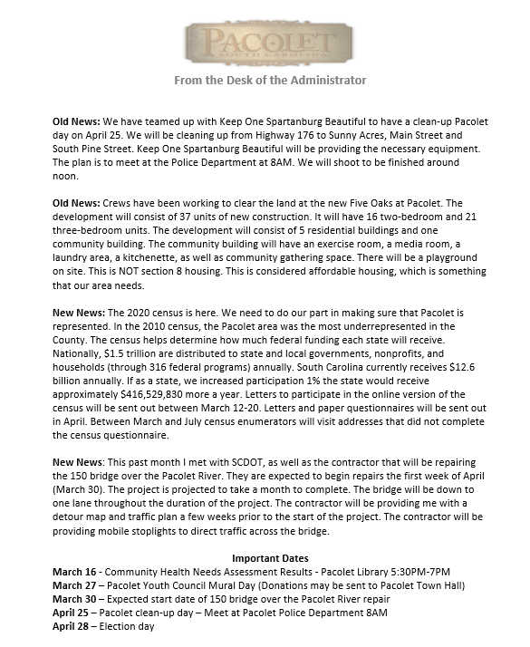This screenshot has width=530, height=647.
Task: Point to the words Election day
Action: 136,627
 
